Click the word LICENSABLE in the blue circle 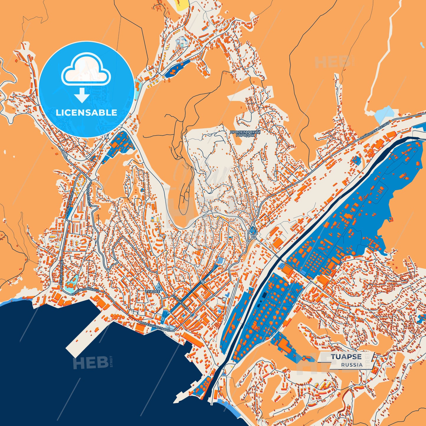point(86,113)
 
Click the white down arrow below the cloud point(82,96)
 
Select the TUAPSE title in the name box point(346,357)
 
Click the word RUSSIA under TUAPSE point(352,365)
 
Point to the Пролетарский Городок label point(245,134)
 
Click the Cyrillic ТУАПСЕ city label point(153,291)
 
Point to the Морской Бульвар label point(155,327)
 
